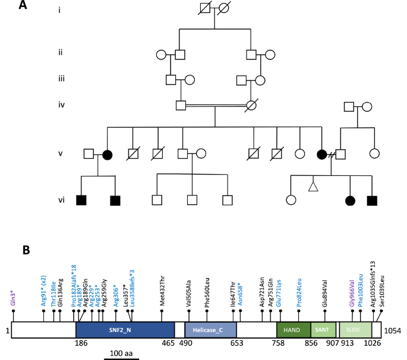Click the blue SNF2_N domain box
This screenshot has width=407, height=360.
pos(125,330)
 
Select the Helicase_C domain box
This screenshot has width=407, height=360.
pos(210,330)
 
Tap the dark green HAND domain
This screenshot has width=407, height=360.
pos(294,330)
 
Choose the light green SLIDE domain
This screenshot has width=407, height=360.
pos(355,330)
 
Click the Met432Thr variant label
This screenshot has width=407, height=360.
pos(162,290)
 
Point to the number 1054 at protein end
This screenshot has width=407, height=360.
pos(393,331)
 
